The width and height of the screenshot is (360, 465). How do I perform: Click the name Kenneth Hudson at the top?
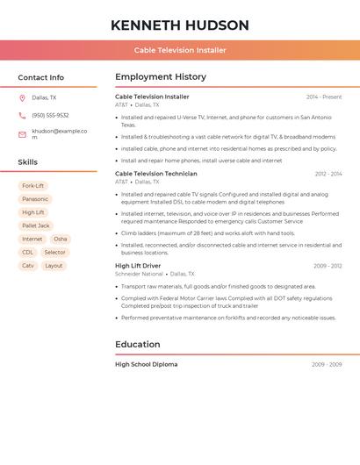point(180,25)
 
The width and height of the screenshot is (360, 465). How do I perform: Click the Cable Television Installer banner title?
point(180,51)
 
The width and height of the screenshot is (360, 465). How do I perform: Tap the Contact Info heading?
point(40,77)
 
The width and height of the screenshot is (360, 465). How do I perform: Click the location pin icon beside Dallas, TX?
point(22,98)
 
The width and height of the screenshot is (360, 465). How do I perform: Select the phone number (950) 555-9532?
point(50,115)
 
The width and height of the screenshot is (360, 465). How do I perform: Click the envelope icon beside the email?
point(22,134)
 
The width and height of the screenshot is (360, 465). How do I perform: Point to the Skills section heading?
point(27,162)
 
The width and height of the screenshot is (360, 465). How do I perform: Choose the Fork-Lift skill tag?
point(33,186)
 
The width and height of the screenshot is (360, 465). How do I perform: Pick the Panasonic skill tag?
point(35,199)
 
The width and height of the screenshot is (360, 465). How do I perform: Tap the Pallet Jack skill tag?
point(36,225)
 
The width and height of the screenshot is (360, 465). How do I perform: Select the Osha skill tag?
point(60,239)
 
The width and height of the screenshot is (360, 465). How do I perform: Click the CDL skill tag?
point(28,252)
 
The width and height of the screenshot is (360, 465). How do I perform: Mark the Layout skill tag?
point(54,265)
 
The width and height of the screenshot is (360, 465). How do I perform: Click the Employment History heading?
point(161,77)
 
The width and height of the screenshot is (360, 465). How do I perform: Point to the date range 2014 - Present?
point(324,97)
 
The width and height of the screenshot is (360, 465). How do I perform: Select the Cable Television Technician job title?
point(156,174)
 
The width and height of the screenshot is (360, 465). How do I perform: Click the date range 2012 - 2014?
point(328,174)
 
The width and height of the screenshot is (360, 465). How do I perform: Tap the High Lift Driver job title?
point(138,266)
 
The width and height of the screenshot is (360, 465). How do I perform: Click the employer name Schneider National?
point(139,274)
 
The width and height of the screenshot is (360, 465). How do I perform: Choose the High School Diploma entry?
point(146,364)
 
